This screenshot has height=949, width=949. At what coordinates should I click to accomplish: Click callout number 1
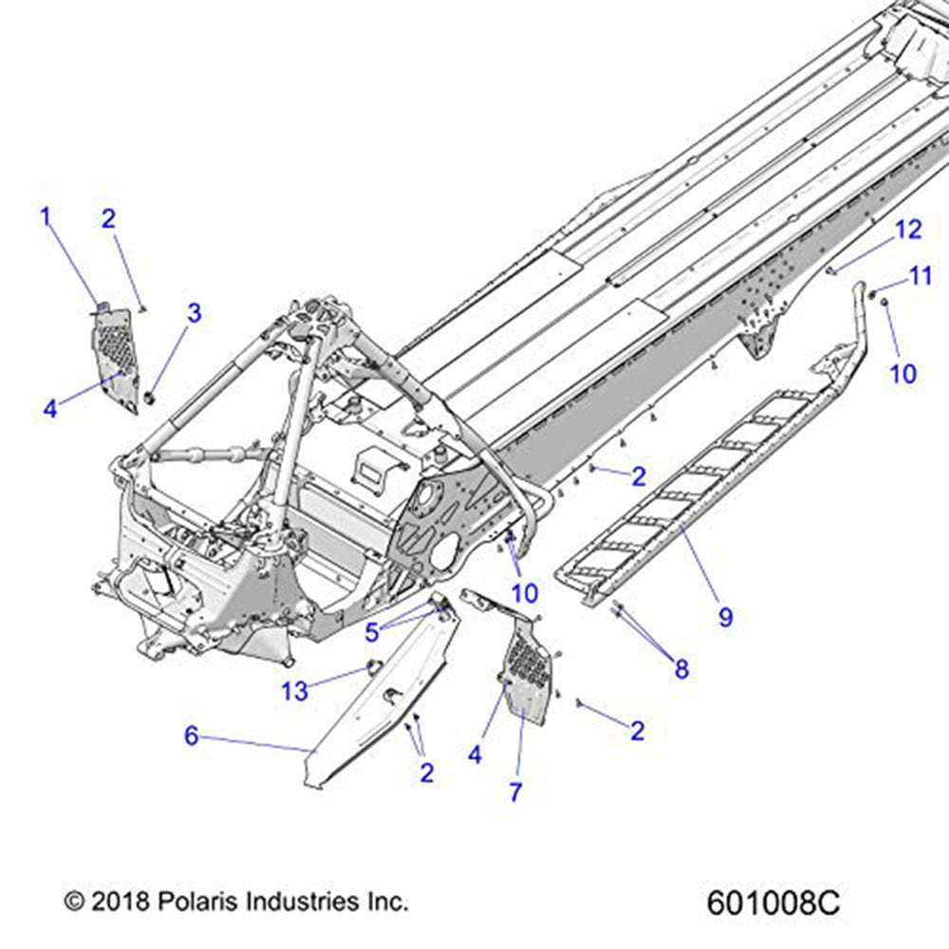point(45,217)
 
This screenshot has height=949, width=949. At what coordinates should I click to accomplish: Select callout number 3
point(194,313)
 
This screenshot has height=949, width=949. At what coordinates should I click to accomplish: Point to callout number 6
point(192,735)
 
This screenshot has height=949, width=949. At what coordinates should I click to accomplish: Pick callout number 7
point(515,792)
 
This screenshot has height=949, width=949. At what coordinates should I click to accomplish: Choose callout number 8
point(681,669)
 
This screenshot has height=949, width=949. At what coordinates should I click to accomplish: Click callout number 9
point(725,618)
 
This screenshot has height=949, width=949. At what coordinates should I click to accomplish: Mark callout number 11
point(921,276)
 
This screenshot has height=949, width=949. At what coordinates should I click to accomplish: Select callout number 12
point(908,229)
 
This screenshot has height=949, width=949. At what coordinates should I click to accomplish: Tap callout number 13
point(295,691)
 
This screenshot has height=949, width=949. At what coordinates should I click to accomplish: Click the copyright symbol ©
point(74,900)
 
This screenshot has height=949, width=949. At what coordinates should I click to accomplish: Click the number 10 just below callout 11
point(902,374)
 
